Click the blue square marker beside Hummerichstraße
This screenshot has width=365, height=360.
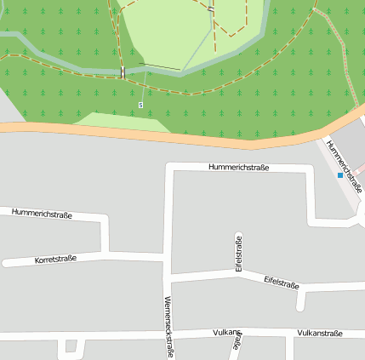(340, 175)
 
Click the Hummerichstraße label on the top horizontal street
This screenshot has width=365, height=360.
(238, 168)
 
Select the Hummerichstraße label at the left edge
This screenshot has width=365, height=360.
(42, 213)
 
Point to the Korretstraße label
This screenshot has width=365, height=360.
(55, 259)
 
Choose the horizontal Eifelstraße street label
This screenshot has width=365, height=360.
(281, 281)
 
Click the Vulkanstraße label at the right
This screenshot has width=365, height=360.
(320, 333)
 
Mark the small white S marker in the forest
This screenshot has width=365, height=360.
(141, 105)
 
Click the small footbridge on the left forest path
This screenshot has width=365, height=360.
(123, 72)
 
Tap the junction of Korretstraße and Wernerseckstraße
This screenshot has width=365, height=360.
(163, 254)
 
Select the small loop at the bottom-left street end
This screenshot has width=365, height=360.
(71, 346)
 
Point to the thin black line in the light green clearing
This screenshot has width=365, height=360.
(166, 67)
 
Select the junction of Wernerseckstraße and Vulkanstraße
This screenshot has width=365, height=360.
(166, 333)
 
